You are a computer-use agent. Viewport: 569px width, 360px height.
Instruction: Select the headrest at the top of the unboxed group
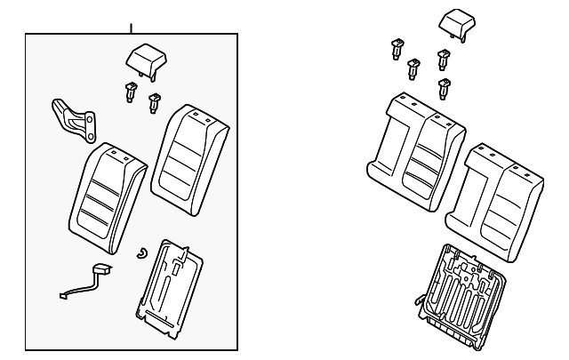tap(457, 21)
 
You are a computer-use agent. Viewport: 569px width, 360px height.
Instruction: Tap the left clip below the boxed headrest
tap(131, 91)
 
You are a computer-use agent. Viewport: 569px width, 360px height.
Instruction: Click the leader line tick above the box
tap(132, 28)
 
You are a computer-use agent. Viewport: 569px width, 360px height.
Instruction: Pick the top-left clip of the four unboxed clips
tap(395, 49)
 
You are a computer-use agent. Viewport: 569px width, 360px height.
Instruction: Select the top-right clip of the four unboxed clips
tap(442, 60)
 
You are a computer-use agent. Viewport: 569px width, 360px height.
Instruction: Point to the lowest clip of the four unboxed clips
tap(443, 88)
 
